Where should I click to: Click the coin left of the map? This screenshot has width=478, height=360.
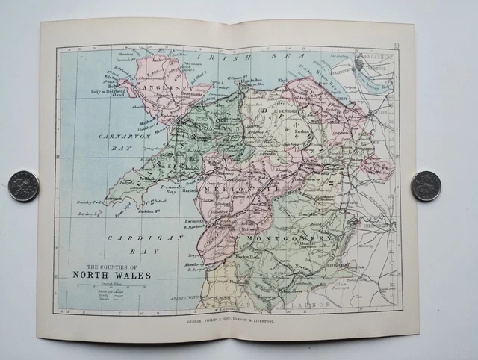tap(23, 186)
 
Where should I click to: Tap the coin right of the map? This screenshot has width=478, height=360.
tap(426, 186)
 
